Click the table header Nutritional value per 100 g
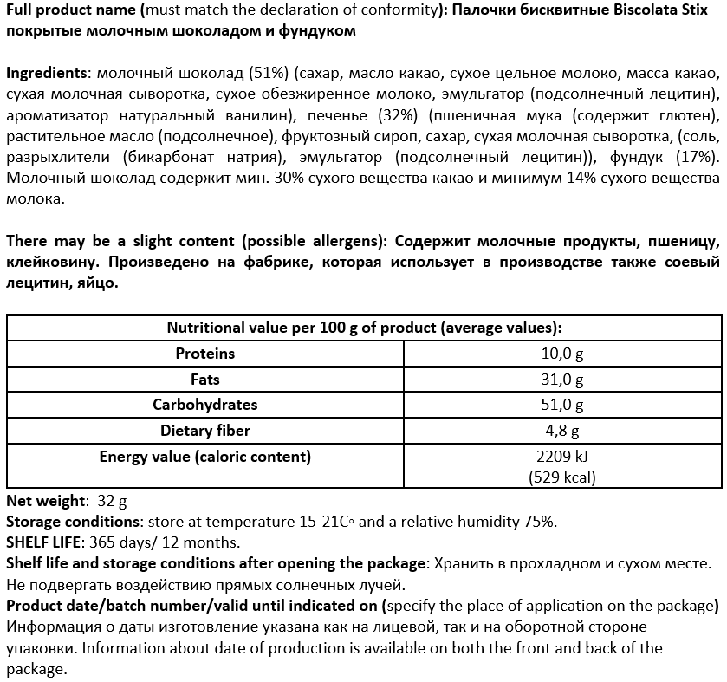click(363, 328)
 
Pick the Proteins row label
click(205, 354)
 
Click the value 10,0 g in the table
click(562, 354)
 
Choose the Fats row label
click(205, 380)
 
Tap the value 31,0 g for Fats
click(562, 380)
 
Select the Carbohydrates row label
click(205, 405)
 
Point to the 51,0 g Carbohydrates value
click(562, 405)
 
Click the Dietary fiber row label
click(205, 431)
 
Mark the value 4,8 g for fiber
click(562, 431)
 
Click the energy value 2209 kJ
click(562, 457)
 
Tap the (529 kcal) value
click(562, 477)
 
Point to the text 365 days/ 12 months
click(159, 542)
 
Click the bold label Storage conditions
click(72, 522)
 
